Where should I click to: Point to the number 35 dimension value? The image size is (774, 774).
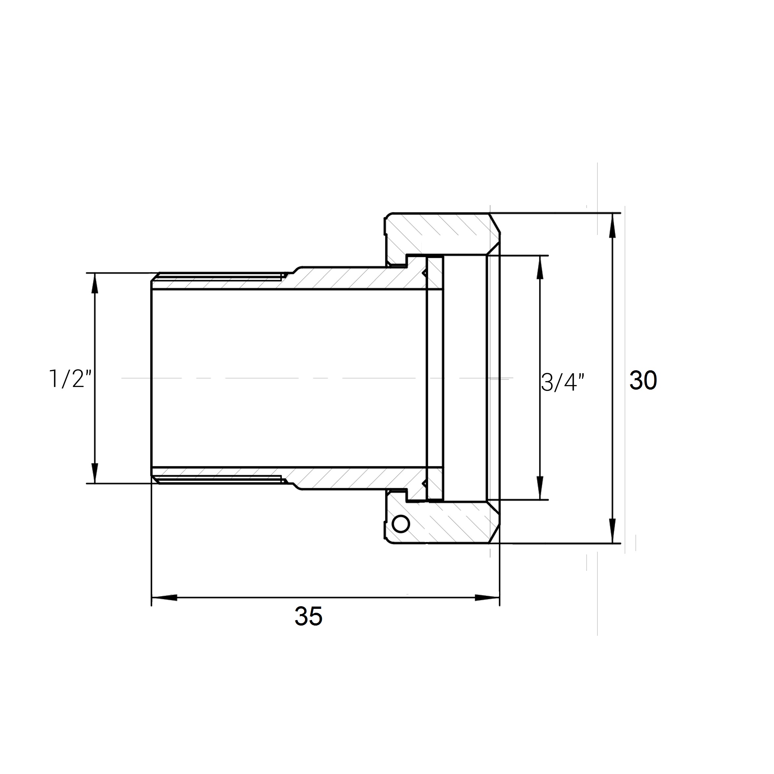(308, 616)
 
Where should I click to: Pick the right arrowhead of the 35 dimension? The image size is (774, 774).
(487, 597)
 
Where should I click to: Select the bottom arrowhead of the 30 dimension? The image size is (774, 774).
(612, 531)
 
